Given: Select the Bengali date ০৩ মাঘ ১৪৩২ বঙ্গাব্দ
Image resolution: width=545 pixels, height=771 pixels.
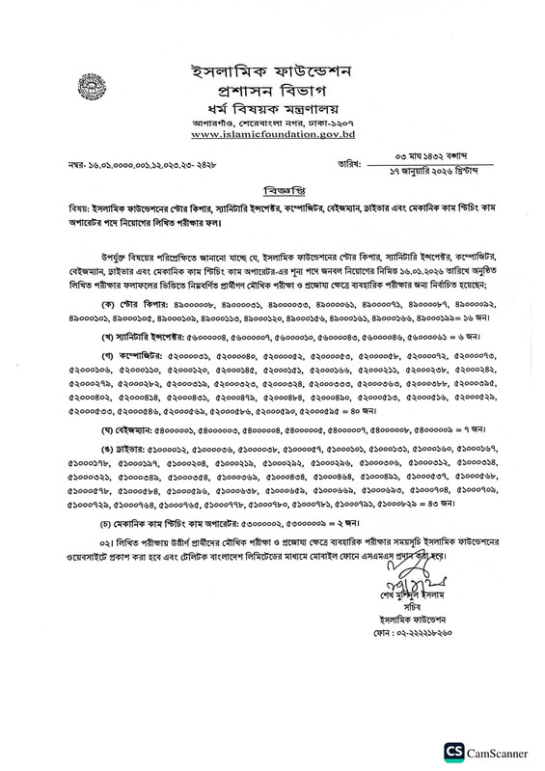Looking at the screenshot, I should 419,156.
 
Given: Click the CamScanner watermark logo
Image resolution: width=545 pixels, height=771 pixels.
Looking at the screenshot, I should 483,753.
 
